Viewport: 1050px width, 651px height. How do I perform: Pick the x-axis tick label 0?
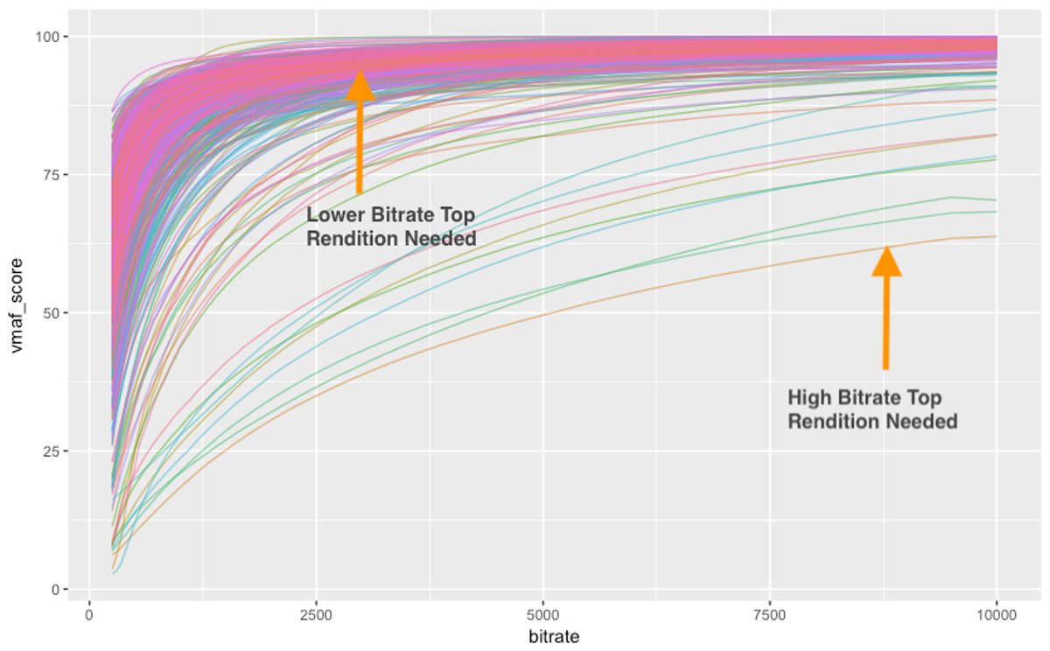coord(89,615)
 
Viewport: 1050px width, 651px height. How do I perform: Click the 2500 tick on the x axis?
coord(316,615)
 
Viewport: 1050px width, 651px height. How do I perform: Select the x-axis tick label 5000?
coord(542,615)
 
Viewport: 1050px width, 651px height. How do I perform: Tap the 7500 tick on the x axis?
coord(770,615)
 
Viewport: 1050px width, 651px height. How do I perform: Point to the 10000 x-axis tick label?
coord(997,615)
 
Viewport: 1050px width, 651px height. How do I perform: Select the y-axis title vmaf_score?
coord(18,313)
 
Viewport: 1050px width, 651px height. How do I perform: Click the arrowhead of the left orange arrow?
coord(360,86)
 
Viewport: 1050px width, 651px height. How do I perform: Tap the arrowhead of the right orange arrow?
coord(886,261)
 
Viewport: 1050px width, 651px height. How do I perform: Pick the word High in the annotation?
coord(808,398)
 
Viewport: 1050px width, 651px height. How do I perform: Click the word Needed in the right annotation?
coord(921,422)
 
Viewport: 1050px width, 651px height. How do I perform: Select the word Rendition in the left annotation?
coord(346,239)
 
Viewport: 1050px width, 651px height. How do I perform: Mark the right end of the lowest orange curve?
coord(996,236)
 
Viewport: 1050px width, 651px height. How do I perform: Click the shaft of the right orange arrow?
coord(885,324)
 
